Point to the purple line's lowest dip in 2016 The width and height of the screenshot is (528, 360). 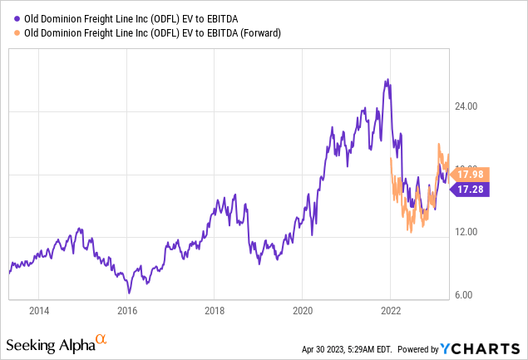click(129, 293)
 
